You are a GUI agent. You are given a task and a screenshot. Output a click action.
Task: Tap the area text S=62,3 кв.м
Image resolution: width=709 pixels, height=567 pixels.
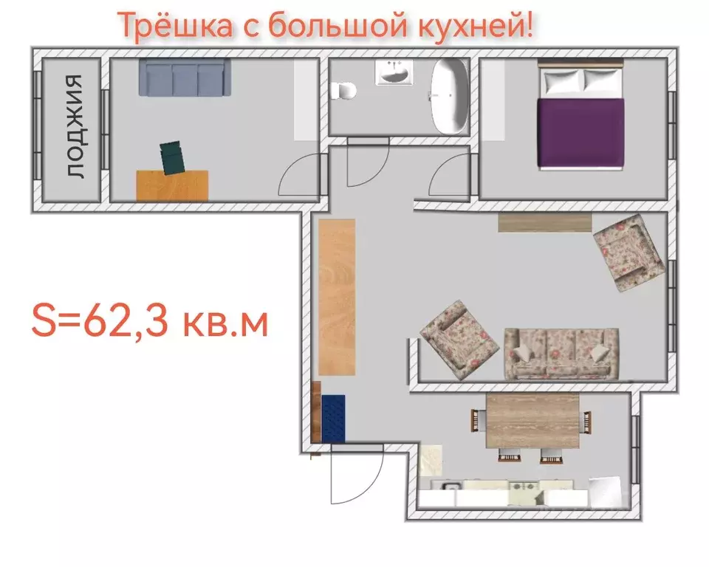[x=148, y=323]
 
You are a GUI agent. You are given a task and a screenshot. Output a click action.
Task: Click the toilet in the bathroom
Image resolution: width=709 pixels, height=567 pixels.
[x=344, y=91]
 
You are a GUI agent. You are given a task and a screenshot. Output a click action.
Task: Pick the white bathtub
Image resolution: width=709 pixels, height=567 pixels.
[x=450, y=96]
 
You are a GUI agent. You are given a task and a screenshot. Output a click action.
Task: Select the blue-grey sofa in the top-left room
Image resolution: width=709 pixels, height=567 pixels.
[x=185, y=77]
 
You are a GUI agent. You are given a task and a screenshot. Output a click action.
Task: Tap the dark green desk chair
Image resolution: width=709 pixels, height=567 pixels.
[x=174, y=158]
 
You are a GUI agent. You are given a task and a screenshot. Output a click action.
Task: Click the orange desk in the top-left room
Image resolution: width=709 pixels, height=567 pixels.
[x=173, y=185]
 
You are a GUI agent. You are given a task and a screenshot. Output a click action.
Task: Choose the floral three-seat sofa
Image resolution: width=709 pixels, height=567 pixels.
[x=561, y=353]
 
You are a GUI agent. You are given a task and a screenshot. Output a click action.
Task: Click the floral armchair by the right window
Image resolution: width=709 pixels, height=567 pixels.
[x=629, y=251]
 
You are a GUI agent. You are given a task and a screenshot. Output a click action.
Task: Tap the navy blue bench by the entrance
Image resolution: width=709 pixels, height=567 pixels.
[x=333, y=418]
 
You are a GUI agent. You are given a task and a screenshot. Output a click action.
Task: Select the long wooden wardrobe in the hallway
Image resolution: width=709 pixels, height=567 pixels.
[x=337, y=297]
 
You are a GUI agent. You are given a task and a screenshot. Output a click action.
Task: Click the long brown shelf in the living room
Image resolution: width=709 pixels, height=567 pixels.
[x=545, y=222]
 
